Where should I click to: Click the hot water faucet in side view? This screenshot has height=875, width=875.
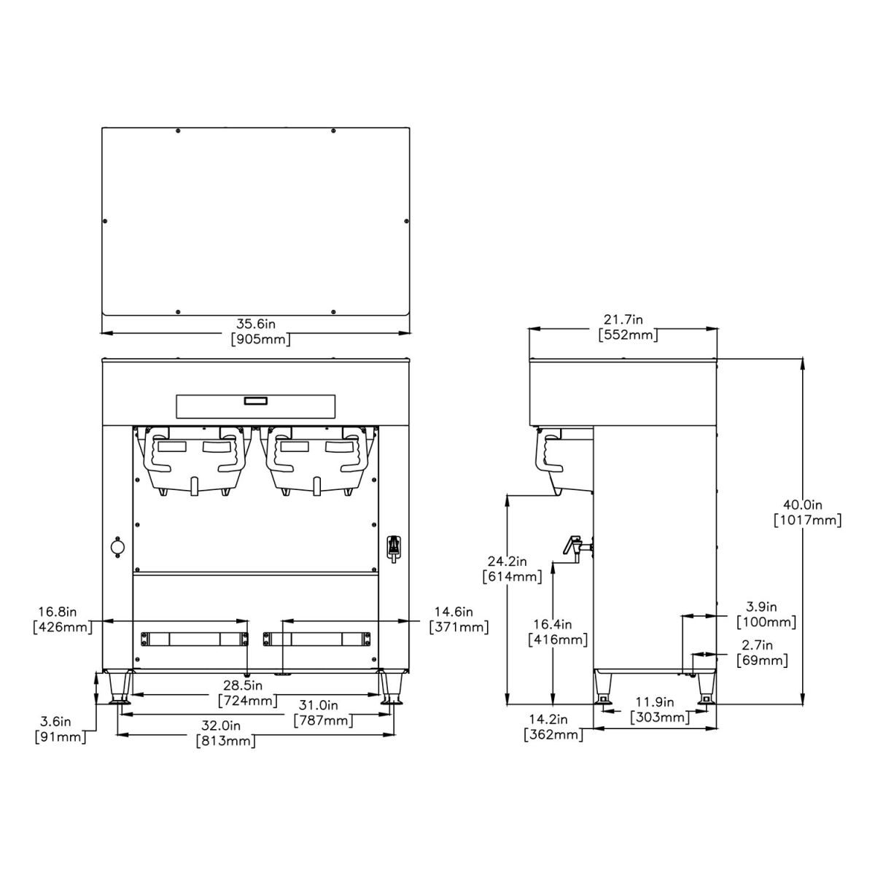tap(573, 546)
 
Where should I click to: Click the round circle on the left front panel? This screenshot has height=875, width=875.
tap(117, 546)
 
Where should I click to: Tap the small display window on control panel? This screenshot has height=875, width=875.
tap(255, 400)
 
